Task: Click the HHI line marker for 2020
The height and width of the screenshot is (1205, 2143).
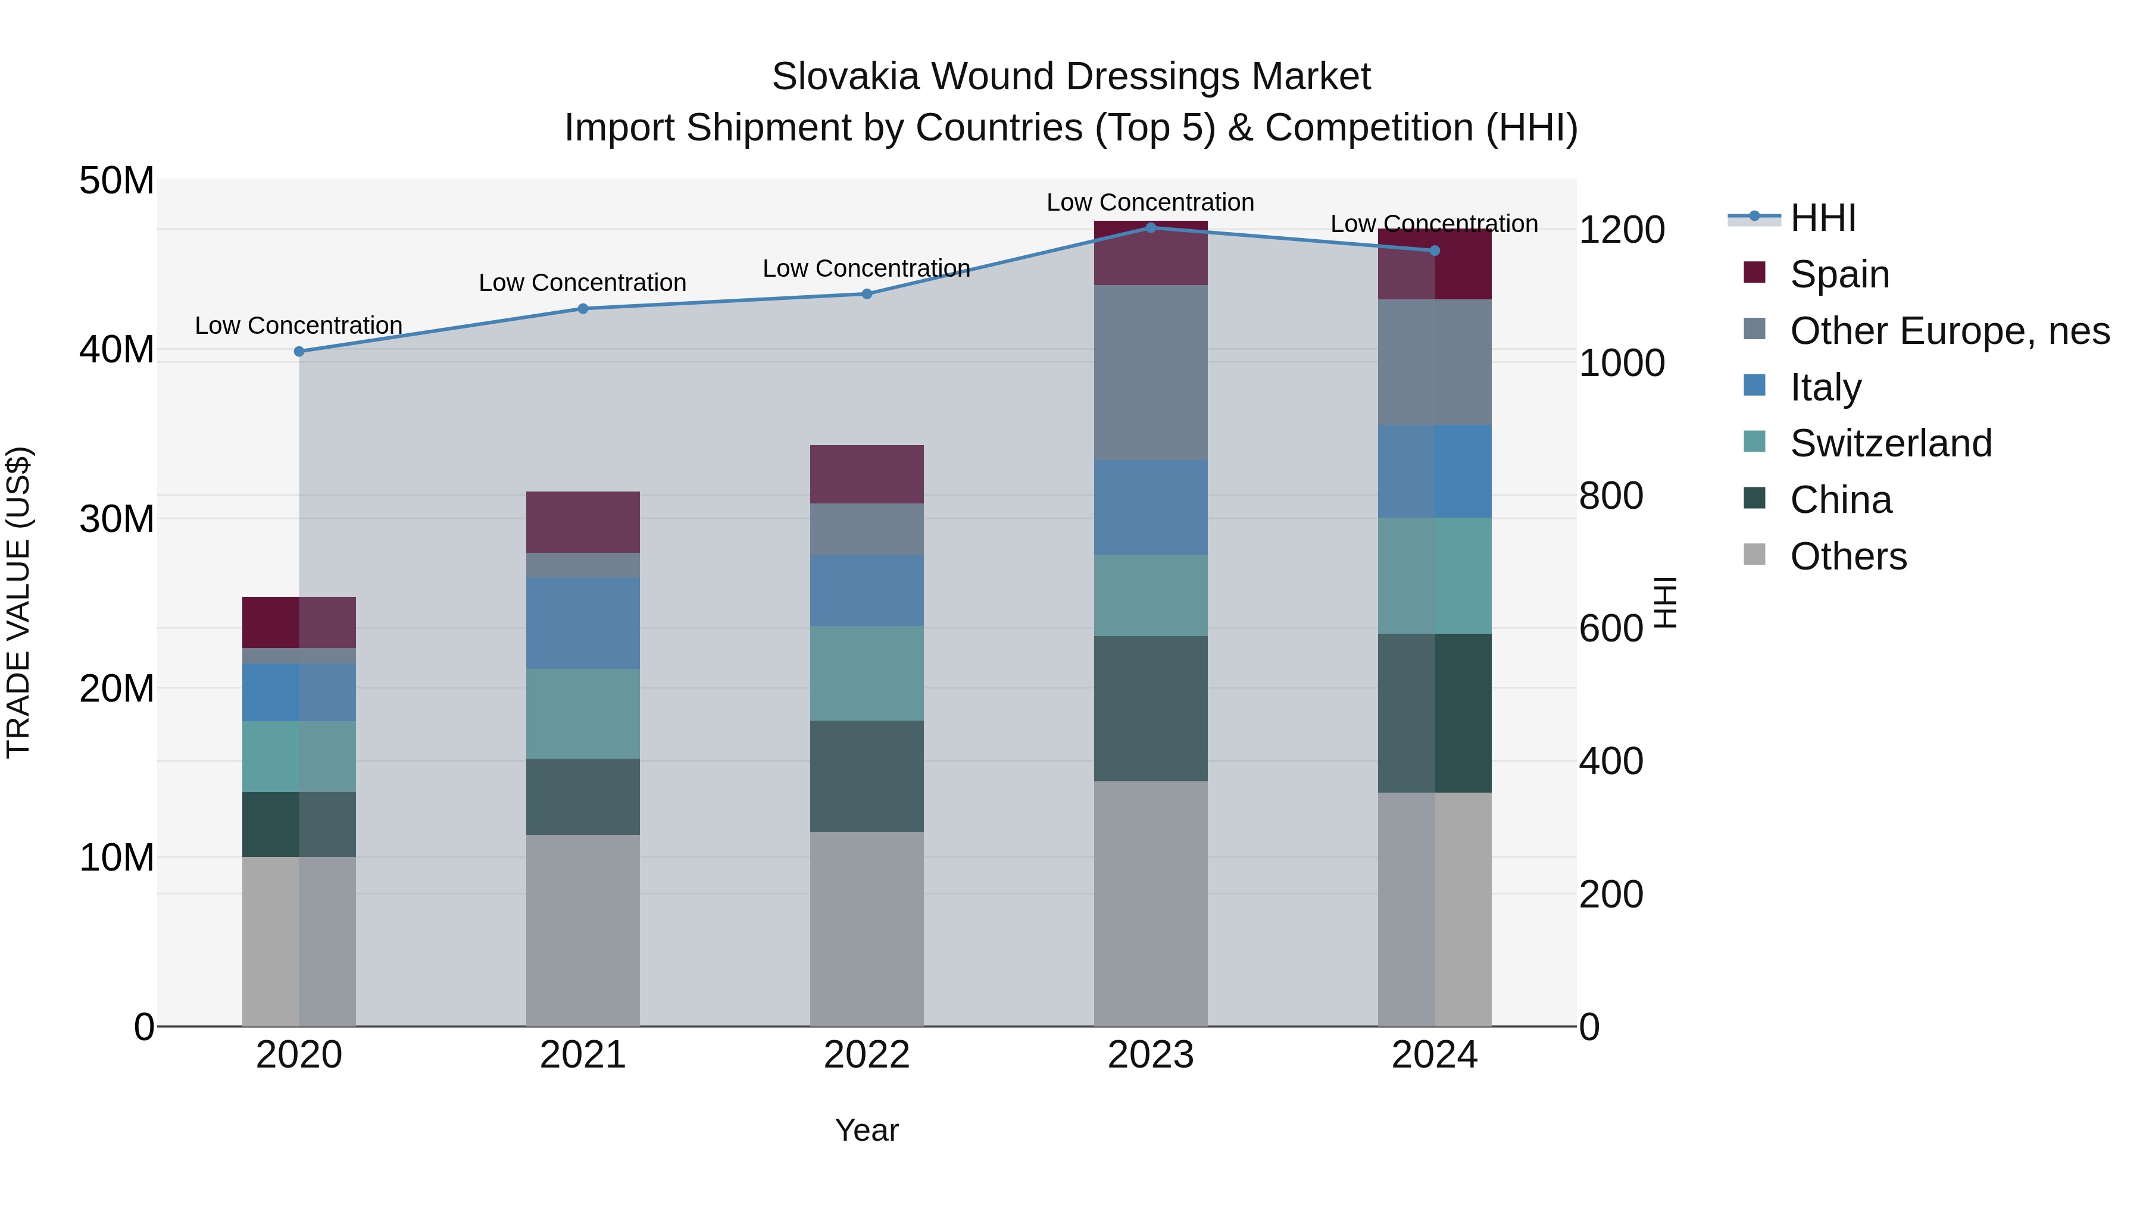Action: pyautogui.click(x=299, y=352)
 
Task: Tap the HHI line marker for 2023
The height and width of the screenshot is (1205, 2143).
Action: pyautogui.click(x=1151, y=227)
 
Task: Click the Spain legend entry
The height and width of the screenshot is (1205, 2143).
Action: pyautogui.click(x=1839, y=274)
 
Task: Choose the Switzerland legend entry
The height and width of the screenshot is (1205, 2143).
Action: pyautogui.click(x=1890, y=443)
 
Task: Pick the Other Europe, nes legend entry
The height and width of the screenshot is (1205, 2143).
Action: pyautogui.click(x=1949, y=331)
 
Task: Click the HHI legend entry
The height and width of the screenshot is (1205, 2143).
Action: pyautogui.click(x=1822, y=218)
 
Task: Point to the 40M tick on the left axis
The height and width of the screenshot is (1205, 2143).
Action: pyautogui.click(x=117, y=350)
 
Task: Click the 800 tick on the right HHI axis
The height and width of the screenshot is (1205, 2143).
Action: pyautogui.click(x=1611, y=496)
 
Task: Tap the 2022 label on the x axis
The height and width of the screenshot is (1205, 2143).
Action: pyautogui.click(x=866, y=1055)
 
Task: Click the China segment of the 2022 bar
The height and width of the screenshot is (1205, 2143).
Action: pyautogui.click(x=866, y=776)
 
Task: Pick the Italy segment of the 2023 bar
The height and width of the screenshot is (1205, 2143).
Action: pyautogui.click(x=1151, y=507)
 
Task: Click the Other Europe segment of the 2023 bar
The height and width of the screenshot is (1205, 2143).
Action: pyautogui.click(x=1151, y=373)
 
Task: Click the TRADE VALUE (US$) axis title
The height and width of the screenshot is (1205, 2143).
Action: pyautogui.click(x=19, y=602)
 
